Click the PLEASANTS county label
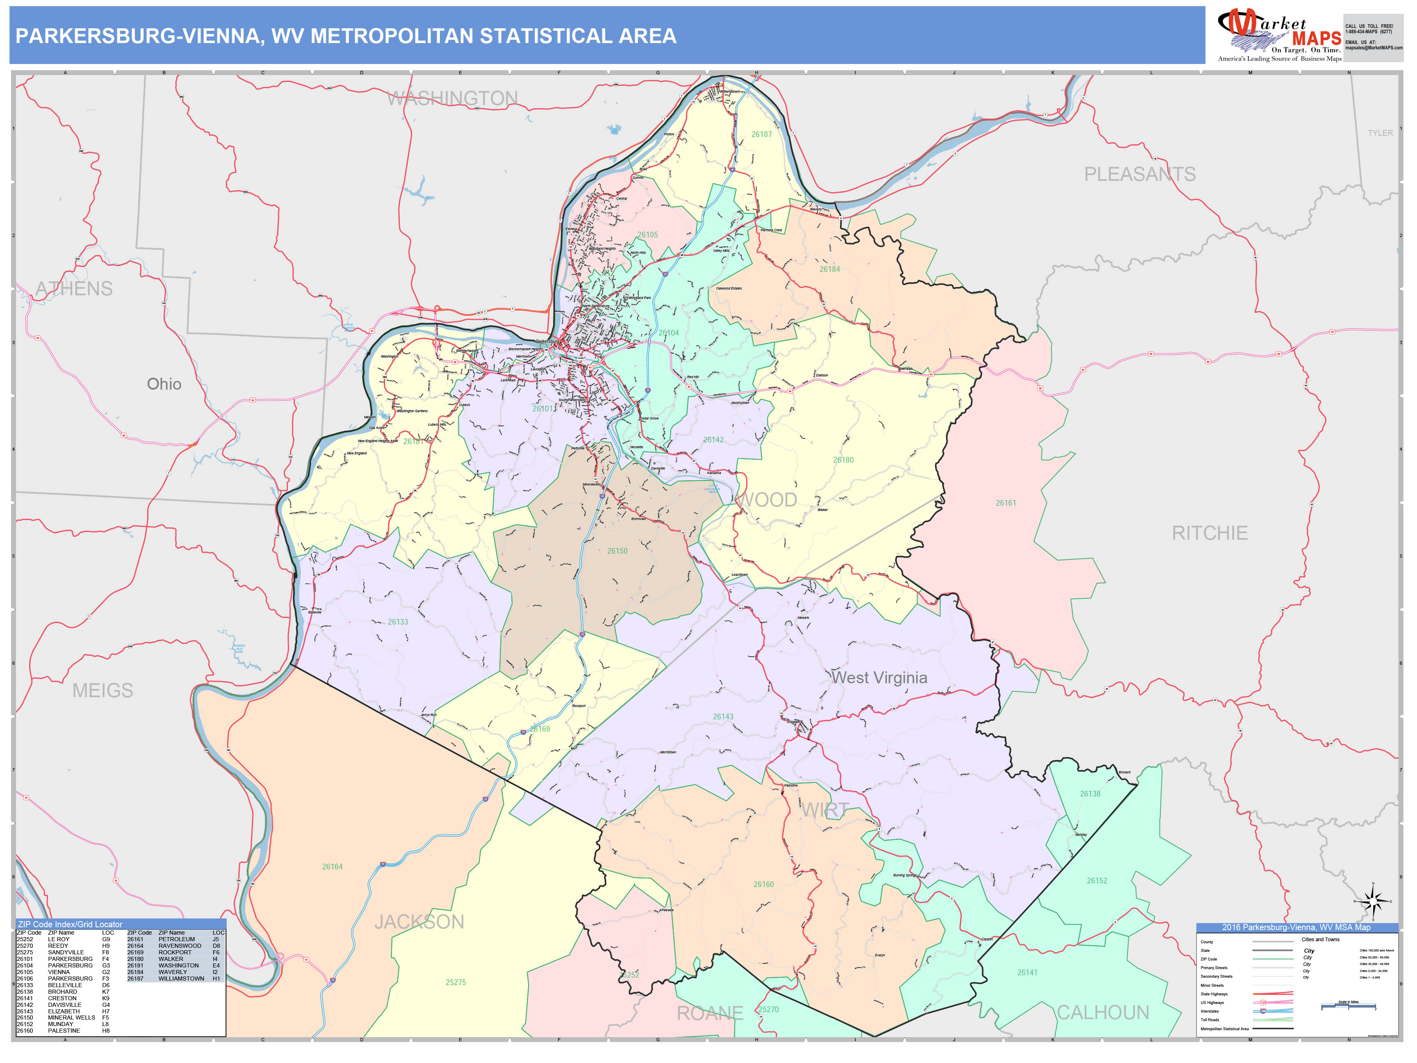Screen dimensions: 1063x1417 click(x=1139, y=174)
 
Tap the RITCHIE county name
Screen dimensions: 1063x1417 click(x=1210, y=533)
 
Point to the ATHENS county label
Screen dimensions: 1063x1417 click(x=74, y=289)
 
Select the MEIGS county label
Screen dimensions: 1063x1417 click(x=103, y=691)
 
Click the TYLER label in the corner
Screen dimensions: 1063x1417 click(x=1380, y=133)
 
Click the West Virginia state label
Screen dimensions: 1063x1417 click(x=879, y=678)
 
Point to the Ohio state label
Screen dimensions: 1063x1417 click(x=164, y=384)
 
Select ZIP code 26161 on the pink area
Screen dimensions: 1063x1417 click(x=1006, y=503)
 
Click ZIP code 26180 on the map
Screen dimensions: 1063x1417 click(x=843, y=460)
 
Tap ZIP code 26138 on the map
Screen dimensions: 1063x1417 click(x=1090, y=794)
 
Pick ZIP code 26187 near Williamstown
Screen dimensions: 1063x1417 click(x=761, y=135)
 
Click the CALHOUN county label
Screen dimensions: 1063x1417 click(x=1103, y=1013)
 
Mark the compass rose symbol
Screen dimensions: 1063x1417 click(x=1373, y=902)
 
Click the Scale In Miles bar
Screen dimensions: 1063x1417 click(x=1348, y=1007)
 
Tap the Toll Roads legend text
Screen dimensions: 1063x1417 click(x=1210, y=1020)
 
